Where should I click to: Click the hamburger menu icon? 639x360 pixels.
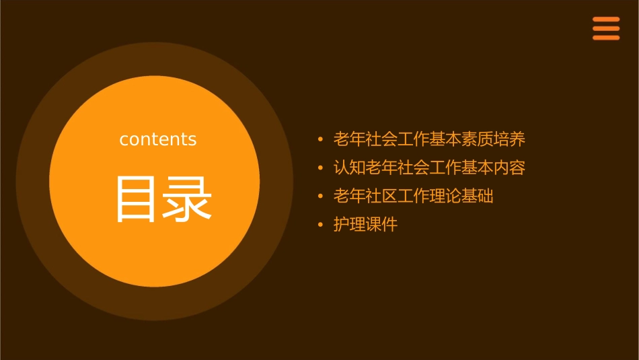pos(605,28)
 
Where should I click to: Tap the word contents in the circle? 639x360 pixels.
pos(158,139)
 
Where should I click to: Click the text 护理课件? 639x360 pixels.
pos(365,225)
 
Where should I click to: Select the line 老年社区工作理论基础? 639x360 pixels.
pos(413,196)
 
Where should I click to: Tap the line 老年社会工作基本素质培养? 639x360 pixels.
pos(429,140)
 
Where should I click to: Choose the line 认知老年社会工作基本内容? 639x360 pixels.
pos(429,168)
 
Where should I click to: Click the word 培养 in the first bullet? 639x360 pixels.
pos(509,140)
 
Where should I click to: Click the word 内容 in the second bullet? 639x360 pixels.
pos(509,168)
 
